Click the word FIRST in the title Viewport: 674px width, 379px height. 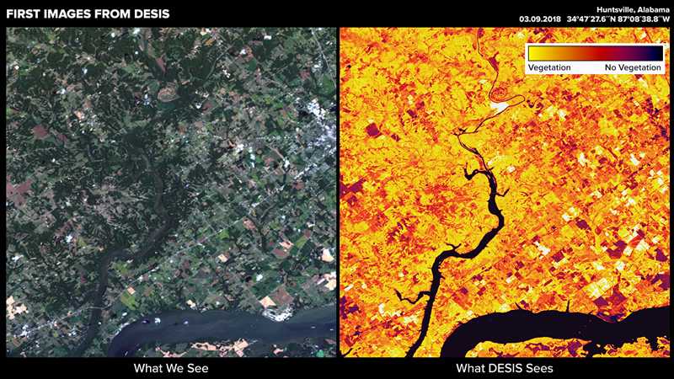coord(24,14)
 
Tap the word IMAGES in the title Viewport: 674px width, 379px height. coord(71,14)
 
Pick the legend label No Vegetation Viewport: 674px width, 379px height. coord(629,67)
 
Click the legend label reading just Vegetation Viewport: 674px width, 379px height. coord(549,67)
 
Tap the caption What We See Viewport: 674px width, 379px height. coord(171,368)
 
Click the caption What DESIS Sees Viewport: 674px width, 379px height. coord(504,368)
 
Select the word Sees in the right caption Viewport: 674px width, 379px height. coord(540,368)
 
